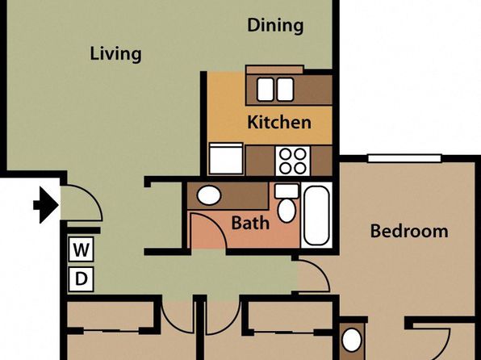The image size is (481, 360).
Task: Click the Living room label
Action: click(x=115, y=54)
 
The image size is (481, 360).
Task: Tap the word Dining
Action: click(x=275, y=26)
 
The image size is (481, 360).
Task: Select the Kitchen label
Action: click(x=279, y=122)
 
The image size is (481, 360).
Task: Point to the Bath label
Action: click(x=250, y=223)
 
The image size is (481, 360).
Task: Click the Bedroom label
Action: click(x=409, y=231)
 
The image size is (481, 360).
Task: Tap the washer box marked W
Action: click(x=81, y=249)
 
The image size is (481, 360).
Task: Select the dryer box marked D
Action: click(x=81, y=279)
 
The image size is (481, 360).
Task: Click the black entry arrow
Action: click(x=46, y=205)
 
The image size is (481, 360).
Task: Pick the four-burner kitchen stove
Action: click(x=293, y=161)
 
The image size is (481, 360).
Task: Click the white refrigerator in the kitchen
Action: click(x=226, y=159)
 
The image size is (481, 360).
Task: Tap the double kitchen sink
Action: click(x=275, y=89)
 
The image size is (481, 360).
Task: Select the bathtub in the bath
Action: click(x=316, y=215)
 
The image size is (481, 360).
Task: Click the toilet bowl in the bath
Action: click(x=287, y=210)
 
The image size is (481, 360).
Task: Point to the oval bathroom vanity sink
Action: click(x=208, y=195)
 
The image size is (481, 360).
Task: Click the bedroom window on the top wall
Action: click(x=404, y=158)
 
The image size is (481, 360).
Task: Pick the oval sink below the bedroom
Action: click(x=352, y=340)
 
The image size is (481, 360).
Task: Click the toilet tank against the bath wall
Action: click(x=287, y=190)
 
